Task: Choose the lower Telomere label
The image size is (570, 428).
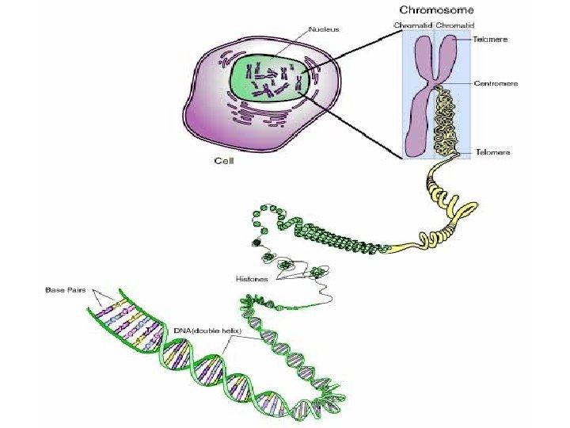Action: [x=492, y=151]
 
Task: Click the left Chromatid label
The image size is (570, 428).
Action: [x=412, y=25]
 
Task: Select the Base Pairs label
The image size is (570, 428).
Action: [x=64, y=289]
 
